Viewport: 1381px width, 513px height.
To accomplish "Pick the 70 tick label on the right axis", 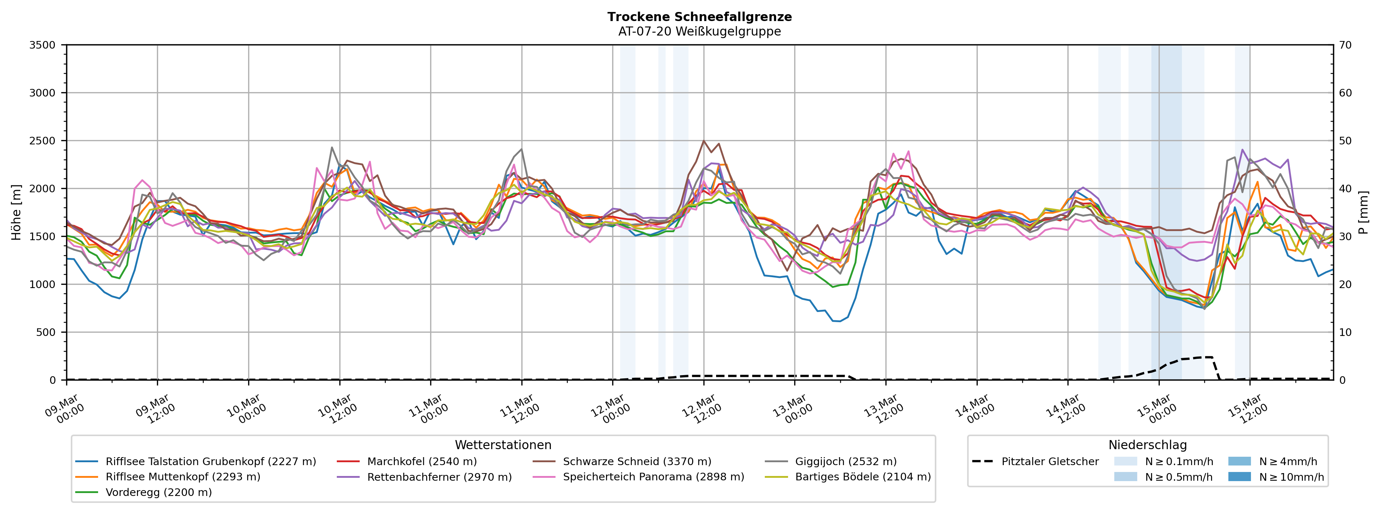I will pyautogui.click(x=1345, y=45).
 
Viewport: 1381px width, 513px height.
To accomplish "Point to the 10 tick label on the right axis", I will pyautogui.click(x=1345, y=332).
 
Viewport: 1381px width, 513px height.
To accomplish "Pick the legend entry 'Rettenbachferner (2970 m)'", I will pyautogui.click(x=439, y=477).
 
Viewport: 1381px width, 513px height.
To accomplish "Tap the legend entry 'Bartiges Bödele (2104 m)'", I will pyautogui.click(x=863, y=477).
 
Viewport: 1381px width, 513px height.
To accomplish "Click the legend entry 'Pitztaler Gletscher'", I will pyautogui.click(x=1050, y=461).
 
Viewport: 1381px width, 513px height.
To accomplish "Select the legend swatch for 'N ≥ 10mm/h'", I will pyautogui.click(x=1239, y=477).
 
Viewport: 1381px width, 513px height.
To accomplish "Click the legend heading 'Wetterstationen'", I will pyautogui.click(x=503, y=445).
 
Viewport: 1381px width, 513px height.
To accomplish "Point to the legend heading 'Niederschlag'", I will pyautogui.click(x=1147, y=445).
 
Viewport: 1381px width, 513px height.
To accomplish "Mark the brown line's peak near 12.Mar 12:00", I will pyautogui.click(x=703, y=141).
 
